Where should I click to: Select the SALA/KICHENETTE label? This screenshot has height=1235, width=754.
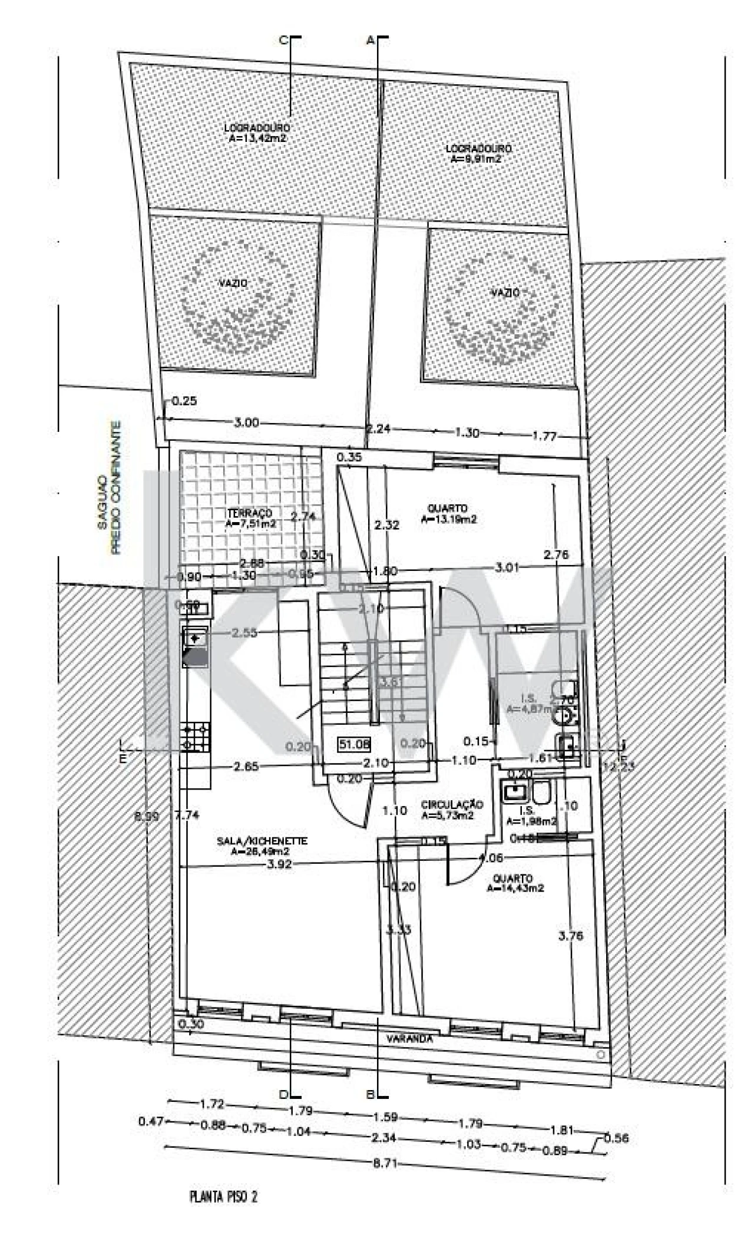tap(262, 841)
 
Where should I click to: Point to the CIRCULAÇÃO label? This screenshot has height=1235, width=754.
tap(452, 804)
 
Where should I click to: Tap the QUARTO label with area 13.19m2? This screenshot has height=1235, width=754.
tap(448, 508)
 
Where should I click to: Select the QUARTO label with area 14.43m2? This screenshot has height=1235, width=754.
tap(513, 878)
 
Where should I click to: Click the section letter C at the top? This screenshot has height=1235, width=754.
tap(282, 40)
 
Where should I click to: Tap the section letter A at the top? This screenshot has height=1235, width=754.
tap(371, 40)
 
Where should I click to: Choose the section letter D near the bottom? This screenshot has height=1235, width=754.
tap(283, 1095)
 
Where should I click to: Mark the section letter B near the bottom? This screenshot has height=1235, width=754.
tap(371, 1095)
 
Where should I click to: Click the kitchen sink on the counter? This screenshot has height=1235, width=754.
tap(194, 638)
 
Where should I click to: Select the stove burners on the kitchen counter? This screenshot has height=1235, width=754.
tap(196, 737)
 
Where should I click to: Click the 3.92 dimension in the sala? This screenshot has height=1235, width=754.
tap(279, 865)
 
